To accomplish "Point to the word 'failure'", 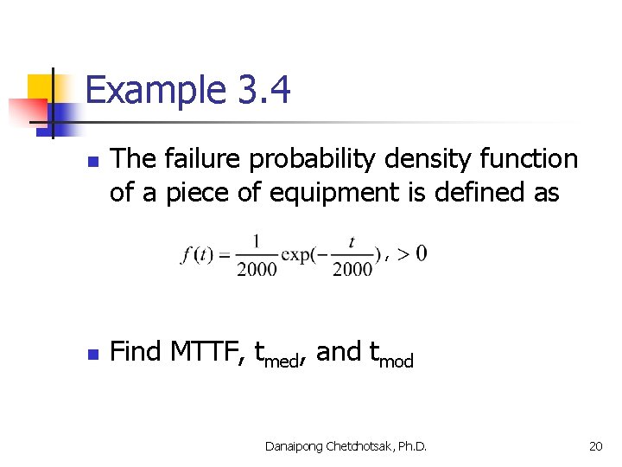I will pyautogui.click(x=205, y=159).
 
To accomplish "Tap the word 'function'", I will pyautogui.click(x=536, y=159).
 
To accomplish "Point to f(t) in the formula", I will pyautogui.click(x=198, y=254).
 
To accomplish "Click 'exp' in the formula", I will pyautogui.click(x=300, y=254).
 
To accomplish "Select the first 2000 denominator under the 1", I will pyautogui.click(x=257, y=269).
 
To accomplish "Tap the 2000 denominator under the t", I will pyautogui.click(x=352, y=269).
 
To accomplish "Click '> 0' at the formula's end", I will pyautogui.click(x=409, y=253).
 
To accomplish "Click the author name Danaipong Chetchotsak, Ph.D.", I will pyautogui.click(x=346, y=446).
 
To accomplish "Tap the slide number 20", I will pyautogui.click(x=595, y=446).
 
